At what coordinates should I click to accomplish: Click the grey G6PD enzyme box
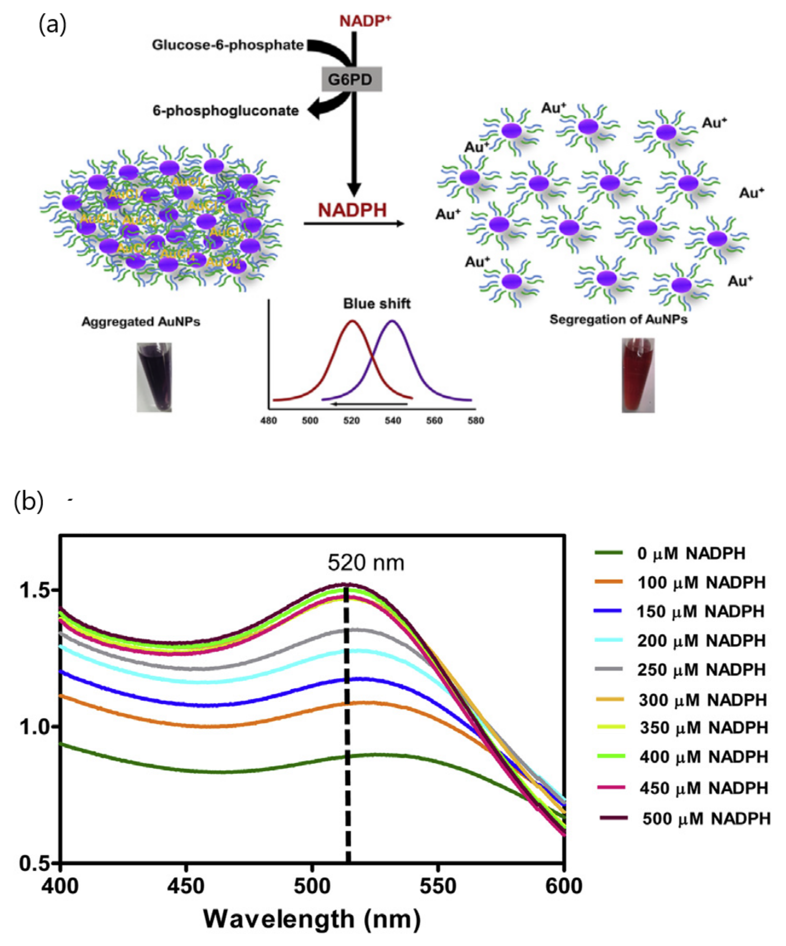coord(351,80)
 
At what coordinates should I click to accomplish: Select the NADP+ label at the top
coord(365,21)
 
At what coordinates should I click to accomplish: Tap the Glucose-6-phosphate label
coord(228,45)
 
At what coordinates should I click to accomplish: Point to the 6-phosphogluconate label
coord(226,111)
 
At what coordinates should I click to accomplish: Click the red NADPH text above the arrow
coord(352,210)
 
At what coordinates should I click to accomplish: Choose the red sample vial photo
coord(638,375)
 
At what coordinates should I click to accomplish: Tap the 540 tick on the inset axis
coord(393,421)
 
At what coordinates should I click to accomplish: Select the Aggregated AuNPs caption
coord(141,322)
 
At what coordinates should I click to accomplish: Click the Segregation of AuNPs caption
coord(618,319)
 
